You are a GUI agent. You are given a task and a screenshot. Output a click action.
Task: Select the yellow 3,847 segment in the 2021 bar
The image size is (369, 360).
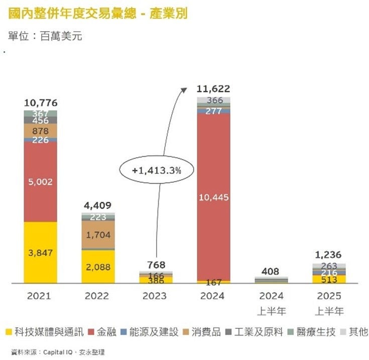41,253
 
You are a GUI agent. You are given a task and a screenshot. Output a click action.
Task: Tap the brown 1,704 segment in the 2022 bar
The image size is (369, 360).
98,234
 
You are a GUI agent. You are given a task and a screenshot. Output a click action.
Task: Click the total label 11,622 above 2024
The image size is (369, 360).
213,89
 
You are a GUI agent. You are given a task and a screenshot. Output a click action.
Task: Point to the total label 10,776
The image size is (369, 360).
41,103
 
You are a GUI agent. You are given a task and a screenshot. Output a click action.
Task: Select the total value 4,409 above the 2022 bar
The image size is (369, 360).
98,205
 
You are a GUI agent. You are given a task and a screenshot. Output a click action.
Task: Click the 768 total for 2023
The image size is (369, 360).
156,265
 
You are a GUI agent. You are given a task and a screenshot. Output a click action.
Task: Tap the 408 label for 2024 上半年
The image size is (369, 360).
272,271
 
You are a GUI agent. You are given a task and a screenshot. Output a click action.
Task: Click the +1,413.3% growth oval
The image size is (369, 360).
156,170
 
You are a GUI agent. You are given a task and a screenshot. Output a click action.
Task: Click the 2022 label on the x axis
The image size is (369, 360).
98,296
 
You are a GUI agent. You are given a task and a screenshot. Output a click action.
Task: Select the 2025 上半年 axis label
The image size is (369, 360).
329,303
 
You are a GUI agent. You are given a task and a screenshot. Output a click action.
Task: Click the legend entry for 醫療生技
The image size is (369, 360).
306,332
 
